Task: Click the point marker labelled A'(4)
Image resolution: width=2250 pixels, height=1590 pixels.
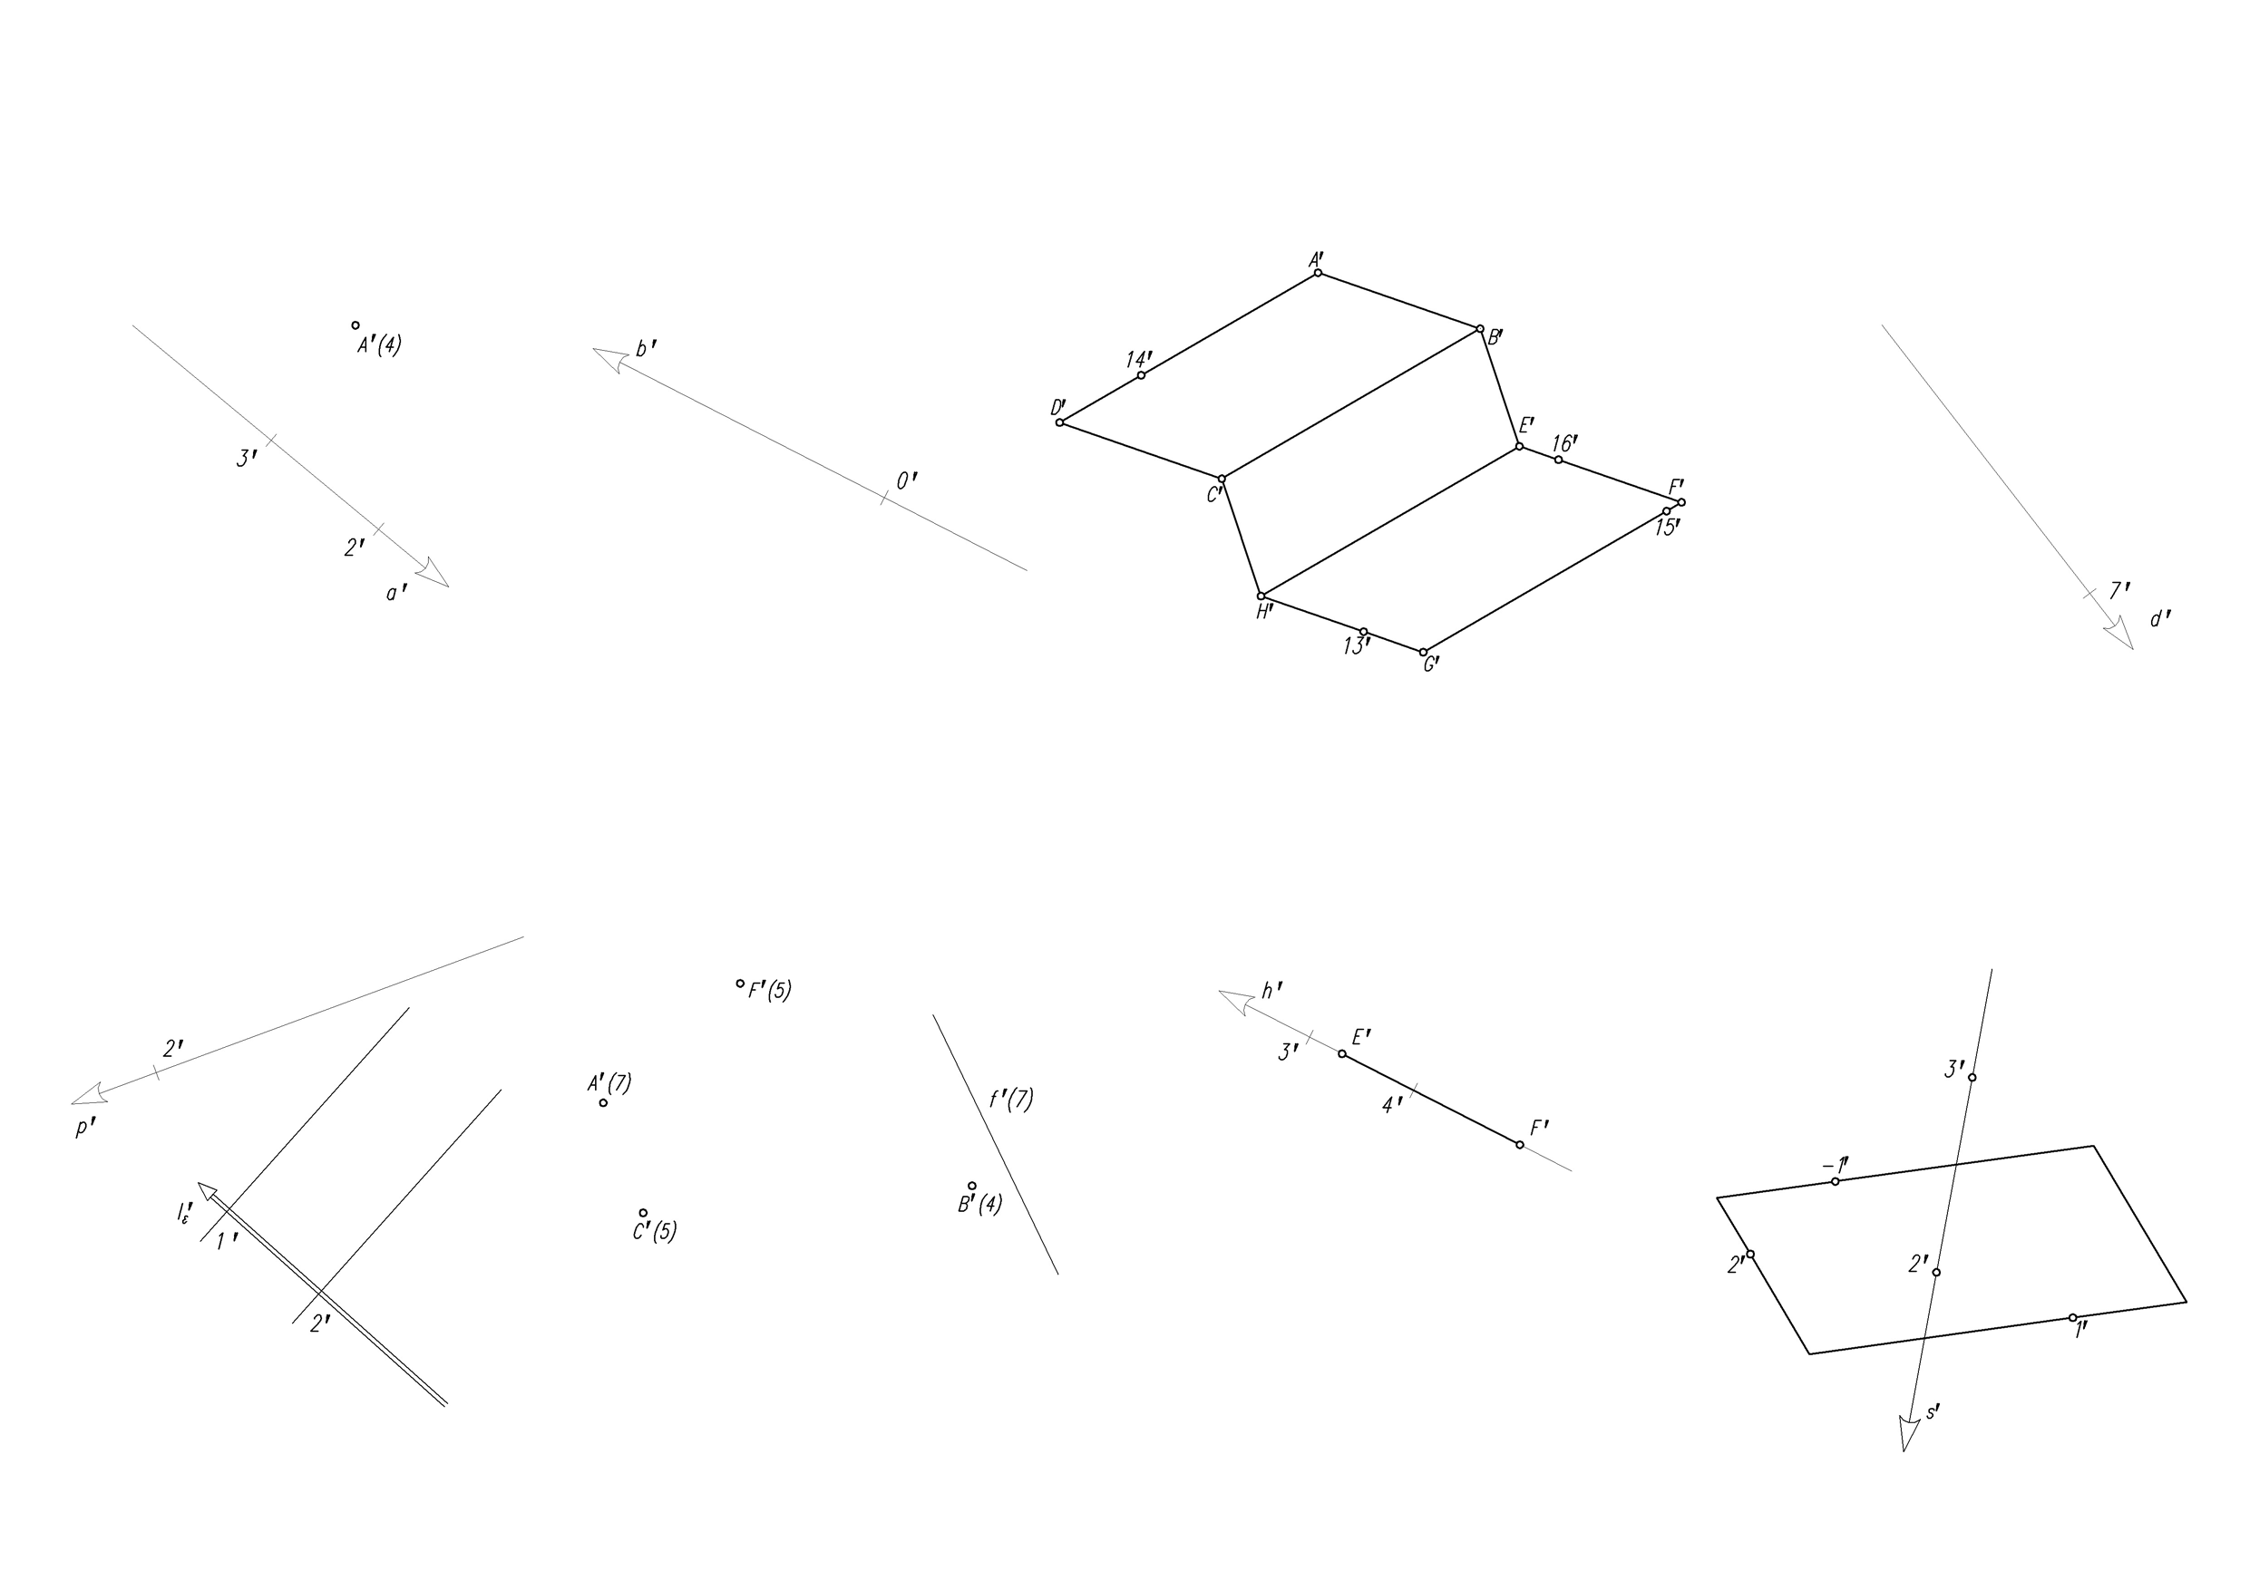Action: pyautogui.click(x=356, y=325)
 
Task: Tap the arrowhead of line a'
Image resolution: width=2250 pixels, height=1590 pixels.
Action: pyautogui.click(x=433, y=573)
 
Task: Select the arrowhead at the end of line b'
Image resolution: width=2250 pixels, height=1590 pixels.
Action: pyautogui.click(x=609, y=359)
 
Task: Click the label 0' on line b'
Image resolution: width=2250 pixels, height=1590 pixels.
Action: pyautogui.click(x=908, y=481)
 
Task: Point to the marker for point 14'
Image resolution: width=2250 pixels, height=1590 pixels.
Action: pyautogui.click(x=1142, y=375)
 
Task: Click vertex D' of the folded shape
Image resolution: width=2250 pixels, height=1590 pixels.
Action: pyautogui.click(x=1060, y=422)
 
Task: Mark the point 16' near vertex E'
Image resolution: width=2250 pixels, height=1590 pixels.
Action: pyautogui.click(x=1559, y=460)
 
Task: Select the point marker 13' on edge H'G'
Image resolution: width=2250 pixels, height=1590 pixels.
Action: pyautogui.click(x=1363, y=632)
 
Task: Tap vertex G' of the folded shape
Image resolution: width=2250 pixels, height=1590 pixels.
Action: pyautogui.click(x=1424, y=653)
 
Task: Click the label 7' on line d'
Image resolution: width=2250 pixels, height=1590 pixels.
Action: pyautogui.click(x=2119, y=591)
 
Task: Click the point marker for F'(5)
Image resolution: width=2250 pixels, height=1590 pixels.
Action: pyautogui.click(x=741, y=984)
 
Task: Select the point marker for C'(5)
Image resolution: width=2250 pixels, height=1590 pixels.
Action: pyautogui.click(x=644, y=1213)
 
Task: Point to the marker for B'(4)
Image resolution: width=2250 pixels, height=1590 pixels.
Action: pyautogui.click(x=972, y=1186)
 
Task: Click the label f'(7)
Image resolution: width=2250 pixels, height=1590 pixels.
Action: pyautogui.click(x=1010, y=1100)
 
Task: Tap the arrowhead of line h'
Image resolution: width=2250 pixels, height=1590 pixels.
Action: pyautogui.click(x=1236, y=1001)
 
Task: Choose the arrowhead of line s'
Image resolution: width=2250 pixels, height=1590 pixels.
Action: pyautogui.click(x=1908, y=1433)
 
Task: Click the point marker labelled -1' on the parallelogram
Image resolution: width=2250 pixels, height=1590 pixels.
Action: pyautogui.click(x=1836, y=1181)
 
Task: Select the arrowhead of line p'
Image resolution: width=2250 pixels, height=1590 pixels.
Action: pyautogui.click(x=89, y=1093)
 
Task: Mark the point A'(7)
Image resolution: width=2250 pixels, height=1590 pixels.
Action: pyautogui.click(x=604, y=1103)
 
